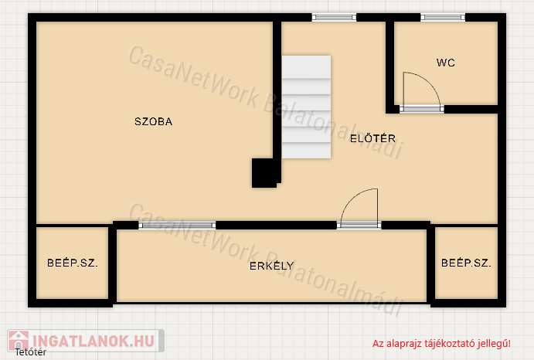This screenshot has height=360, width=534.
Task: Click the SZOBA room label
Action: point(153,121)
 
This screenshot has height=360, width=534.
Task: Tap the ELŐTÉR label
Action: point(373,138)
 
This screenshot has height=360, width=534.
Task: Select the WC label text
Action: point(445,63)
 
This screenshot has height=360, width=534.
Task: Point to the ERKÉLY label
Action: point(271,266)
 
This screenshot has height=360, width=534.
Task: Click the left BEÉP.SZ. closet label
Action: point(73,263)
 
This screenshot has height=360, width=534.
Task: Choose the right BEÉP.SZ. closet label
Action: point(466,263)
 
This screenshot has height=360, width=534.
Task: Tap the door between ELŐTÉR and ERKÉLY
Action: point(359,208)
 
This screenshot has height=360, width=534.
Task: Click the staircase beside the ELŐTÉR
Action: point(306,107)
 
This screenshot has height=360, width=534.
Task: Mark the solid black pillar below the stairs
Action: point(264,173)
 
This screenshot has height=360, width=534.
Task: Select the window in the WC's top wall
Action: point(443,17)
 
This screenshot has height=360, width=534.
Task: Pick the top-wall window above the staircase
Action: point(334,17)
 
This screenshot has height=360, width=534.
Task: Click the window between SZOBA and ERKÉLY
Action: point(177,225)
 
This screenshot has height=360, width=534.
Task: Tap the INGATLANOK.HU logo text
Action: point(94,341)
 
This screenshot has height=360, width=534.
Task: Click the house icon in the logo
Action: point(19,340)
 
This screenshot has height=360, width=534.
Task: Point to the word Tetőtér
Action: point(31,352)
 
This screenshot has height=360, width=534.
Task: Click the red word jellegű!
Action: point(494,344)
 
